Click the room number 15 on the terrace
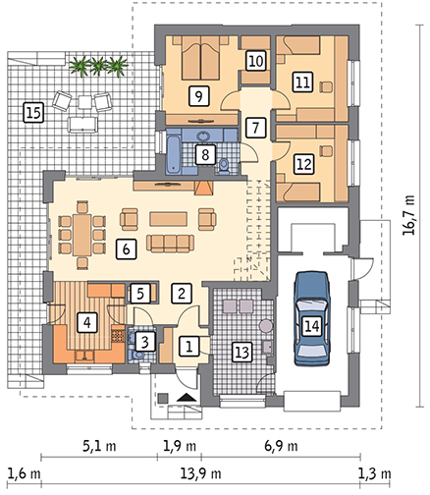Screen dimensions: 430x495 tap(33, 113)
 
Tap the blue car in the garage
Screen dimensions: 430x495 tap(311, 318)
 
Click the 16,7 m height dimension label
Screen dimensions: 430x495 tap(408, 215)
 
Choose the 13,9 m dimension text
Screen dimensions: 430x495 tap(201, 473)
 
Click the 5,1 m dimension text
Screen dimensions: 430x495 tap(99, 446)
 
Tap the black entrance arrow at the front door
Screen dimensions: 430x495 tap(187, 398)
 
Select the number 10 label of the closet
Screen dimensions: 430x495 tap(256, 61)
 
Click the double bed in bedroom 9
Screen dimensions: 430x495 tap(200, 58)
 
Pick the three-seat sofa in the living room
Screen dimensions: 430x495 tap(170, 243)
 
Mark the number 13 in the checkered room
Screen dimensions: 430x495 tap(242, 353)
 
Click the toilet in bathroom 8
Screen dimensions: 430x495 tap(224, 166)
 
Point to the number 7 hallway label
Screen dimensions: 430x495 tap(256, 128)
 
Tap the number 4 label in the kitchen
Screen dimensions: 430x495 tap(87, 322)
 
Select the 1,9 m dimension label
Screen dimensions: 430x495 tap(180, 446)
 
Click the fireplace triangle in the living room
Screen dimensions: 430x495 tap(204, 189)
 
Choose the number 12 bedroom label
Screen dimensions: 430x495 tap(304, 164)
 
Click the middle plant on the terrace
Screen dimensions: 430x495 tap(99, 65)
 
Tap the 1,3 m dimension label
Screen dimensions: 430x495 tap(374, 473)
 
